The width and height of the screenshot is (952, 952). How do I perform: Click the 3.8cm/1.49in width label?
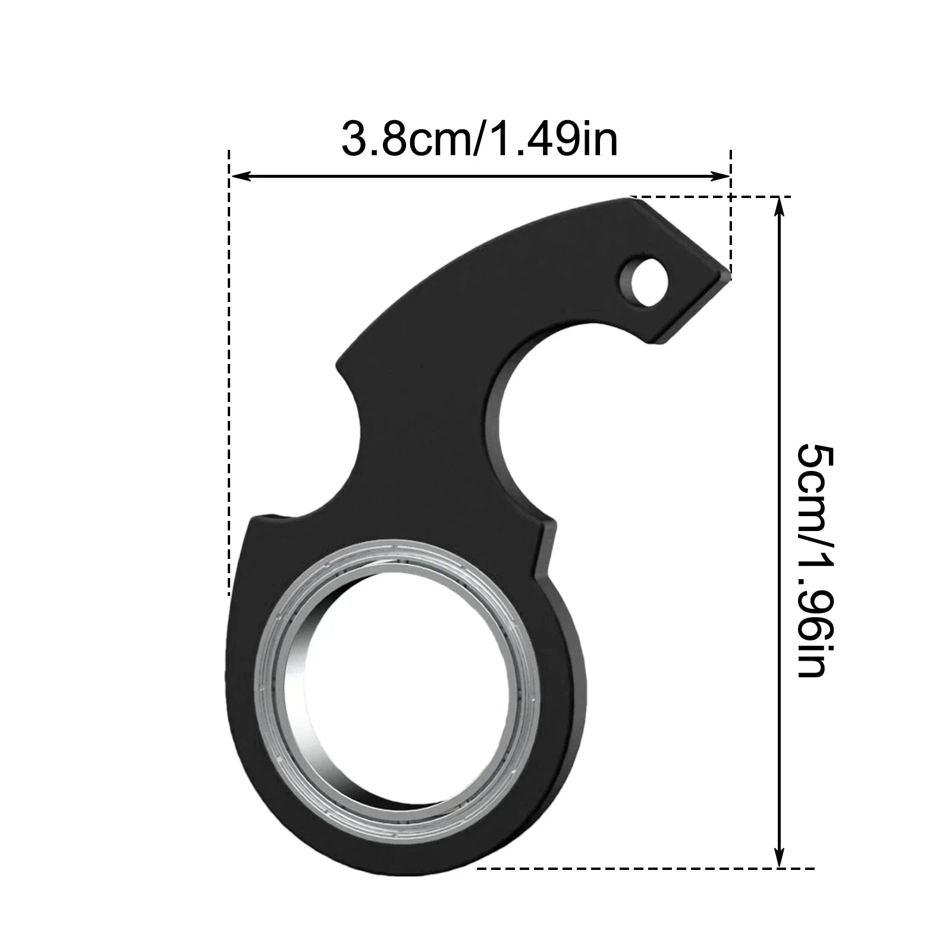click(479, 139)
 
